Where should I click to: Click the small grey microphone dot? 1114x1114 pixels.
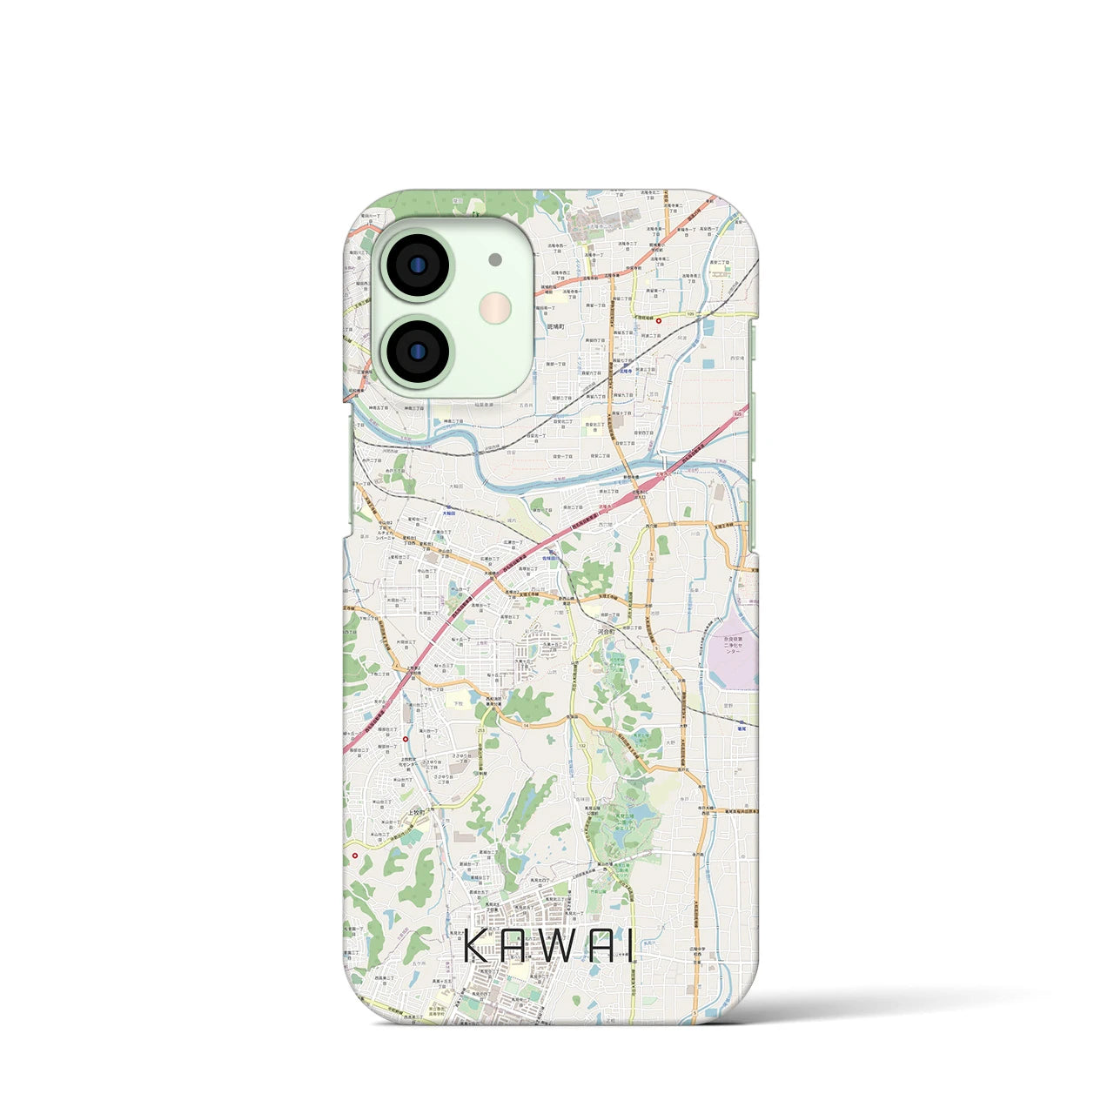click(495, 259)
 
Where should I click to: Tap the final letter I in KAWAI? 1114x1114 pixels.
click(630, 946)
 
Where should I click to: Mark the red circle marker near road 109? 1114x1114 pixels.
click(659, 320)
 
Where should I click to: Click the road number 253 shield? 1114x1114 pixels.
click(481, 729)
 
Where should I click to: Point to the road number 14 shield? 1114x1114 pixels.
click(527, 722)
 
